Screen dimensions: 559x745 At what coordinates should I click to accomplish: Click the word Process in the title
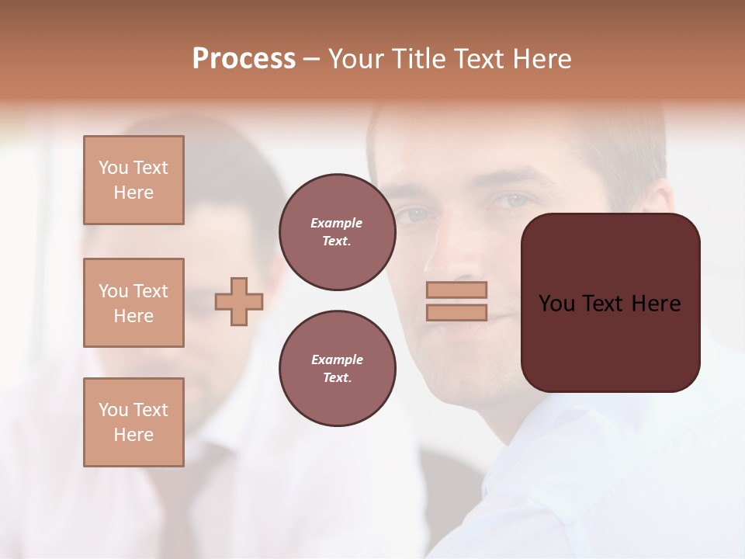[244, 59]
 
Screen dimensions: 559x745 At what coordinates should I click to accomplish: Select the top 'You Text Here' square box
[133, 180]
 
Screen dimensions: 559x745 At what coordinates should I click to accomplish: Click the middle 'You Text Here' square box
[133, 303]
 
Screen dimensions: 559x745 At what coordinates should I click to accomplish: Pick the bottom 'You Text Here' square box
[133, 422]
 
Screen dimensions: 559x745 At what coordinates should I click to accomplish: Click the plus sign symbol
[238, 301]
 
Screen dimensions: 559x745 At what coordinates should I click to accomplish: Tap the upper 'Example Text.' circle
[337, 231]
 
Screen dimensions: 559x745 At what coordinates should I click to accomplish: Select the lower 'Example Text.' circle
[337, 368]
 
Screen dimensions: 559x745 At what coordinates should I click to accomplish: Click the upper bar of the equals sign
[456, 290]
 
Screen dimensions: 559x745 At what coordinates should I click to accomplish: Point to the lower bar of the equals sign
[456, 312]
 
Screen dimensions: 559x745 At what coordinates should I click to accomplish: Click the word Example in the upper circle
[337, 223]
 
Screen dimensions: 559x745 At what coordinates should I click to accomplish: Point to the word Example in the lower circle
[337, 359]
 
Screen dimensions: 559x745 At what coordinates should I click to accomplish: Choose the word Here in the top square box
[133, 193]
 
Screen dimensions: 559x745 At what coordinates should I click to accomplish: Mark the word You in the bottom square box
[113, 410]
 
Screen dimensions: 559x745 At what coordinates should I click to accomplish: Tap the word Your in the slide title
[354, 59]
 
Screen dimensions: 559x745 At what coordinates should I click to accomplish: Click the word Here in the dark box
[656, 304]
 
